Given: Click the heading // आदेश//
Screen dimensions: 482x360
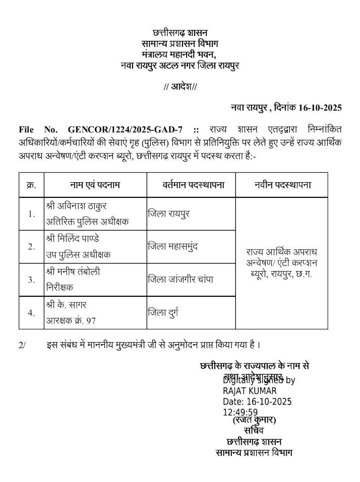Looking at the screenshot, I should (x=180, y=87).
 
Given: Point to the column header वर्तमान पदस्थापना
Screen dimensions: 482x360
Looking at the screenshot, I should (x=186, y=185).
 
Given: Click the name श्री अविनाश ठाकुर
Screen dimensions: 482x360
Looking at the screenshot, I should (x=77, y=206).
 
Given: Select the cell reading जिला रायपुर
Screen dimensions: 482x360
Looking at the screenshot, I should (x=168, y=213).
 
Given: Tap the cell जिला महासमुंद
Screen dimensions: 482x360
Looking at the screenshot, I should (x=173, y=247).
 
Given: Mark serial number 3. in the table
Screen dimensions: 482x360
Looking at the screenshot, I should (x=31, y=280).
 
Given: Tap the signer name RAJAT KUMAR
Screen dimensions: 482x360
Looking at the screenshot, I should (x=250, y=391).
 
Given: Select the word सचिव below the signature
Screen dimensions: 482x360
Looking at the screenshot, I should (x=254, y=431).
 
